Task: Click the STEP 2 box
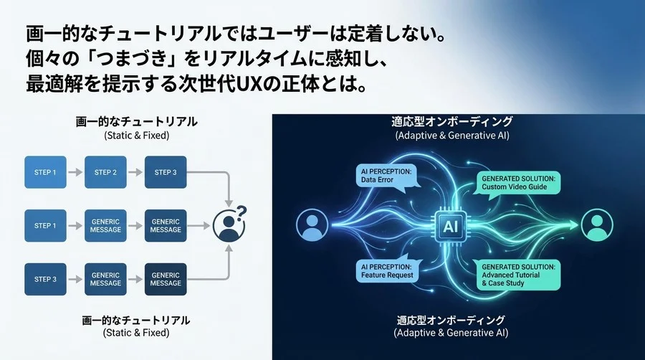pos(106,172)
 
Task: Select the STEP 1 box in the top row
pos(46,172)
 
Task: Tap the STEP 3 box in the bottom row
pos(46,279)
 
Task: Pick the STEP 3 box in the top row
pos(166,172)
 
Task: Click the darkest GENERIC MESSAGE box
pos(166,279)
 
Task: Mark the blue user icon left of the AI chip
pos(311,227)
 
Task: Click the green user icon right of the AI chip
pos(597,227)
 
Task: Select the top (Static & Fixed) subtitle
pos(136,135)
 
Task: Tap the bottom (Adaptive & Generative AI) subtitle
pos(451,333)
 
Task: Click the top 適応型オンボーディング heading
pos(451,122)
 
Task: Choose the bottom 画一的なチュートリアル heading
pos(136,319)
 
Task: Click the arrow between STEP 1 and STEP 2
pos(76,172)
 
